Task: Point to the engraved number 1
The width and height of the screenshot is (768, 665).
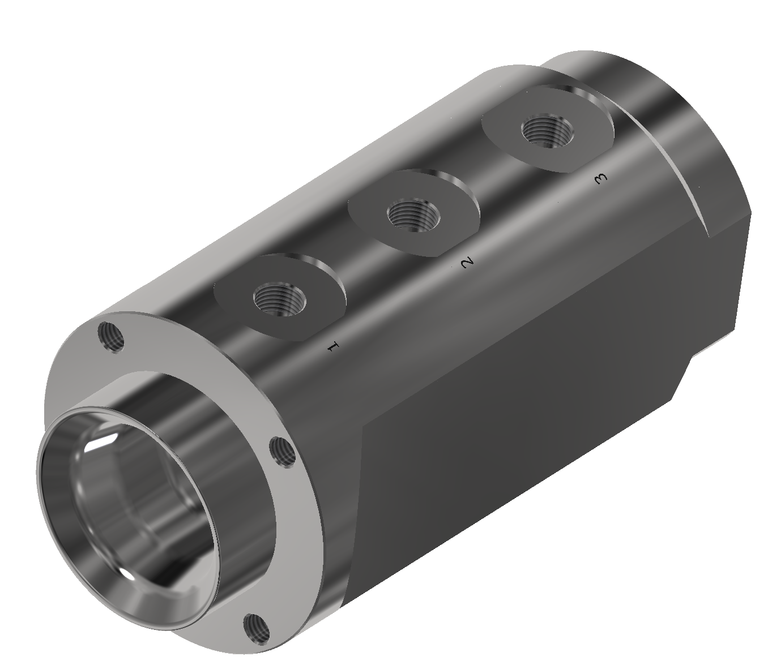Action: click(333, 346)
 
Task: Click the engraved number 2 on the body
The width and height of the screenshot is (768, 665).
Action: click(467, 263)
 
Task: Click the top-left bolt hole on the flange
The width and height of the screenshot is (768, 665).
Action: click(112, 337)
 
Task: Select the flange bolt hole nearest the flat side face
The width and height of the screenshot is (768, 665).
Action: click(284, 452)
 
